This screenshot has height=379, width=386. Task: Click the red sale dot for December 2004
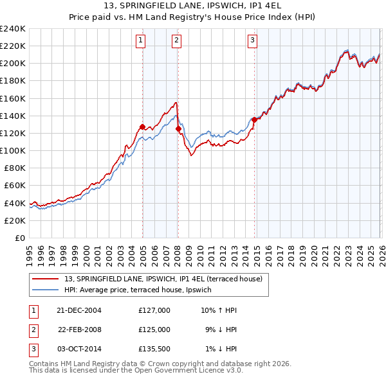(142, 127)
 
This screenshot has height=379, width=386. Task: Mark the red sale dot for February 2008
(178, 129)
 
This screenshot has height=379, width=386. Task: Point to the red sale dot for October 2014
(254, 119)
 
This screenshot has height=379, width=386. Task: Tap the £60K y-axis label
(15, 186)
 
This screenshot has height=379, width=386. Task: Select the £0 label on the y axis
(19, 238)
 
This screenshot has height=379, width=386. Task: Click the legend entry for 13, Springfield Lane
(163, 279)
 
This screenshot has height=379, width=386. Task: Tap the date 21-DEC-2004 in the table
(79, 310)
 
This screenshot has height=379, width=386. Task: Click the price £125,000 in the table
(154, 330)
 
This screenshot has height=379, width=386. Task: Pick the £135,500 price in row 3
(154, 349)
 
